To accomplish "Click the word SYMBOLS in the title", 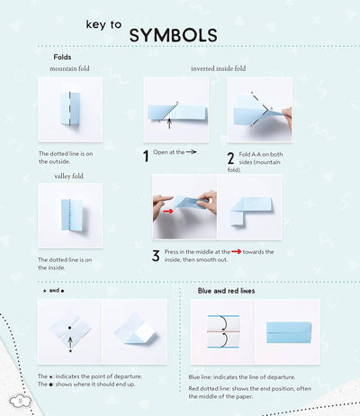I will click(x=173, y=35).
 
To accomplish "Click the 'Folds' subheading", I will click(x=63, y=57).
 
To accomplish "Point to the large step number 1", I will click(x=146, y=156).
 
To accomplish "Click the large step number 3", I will click(x=155, y=255).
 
